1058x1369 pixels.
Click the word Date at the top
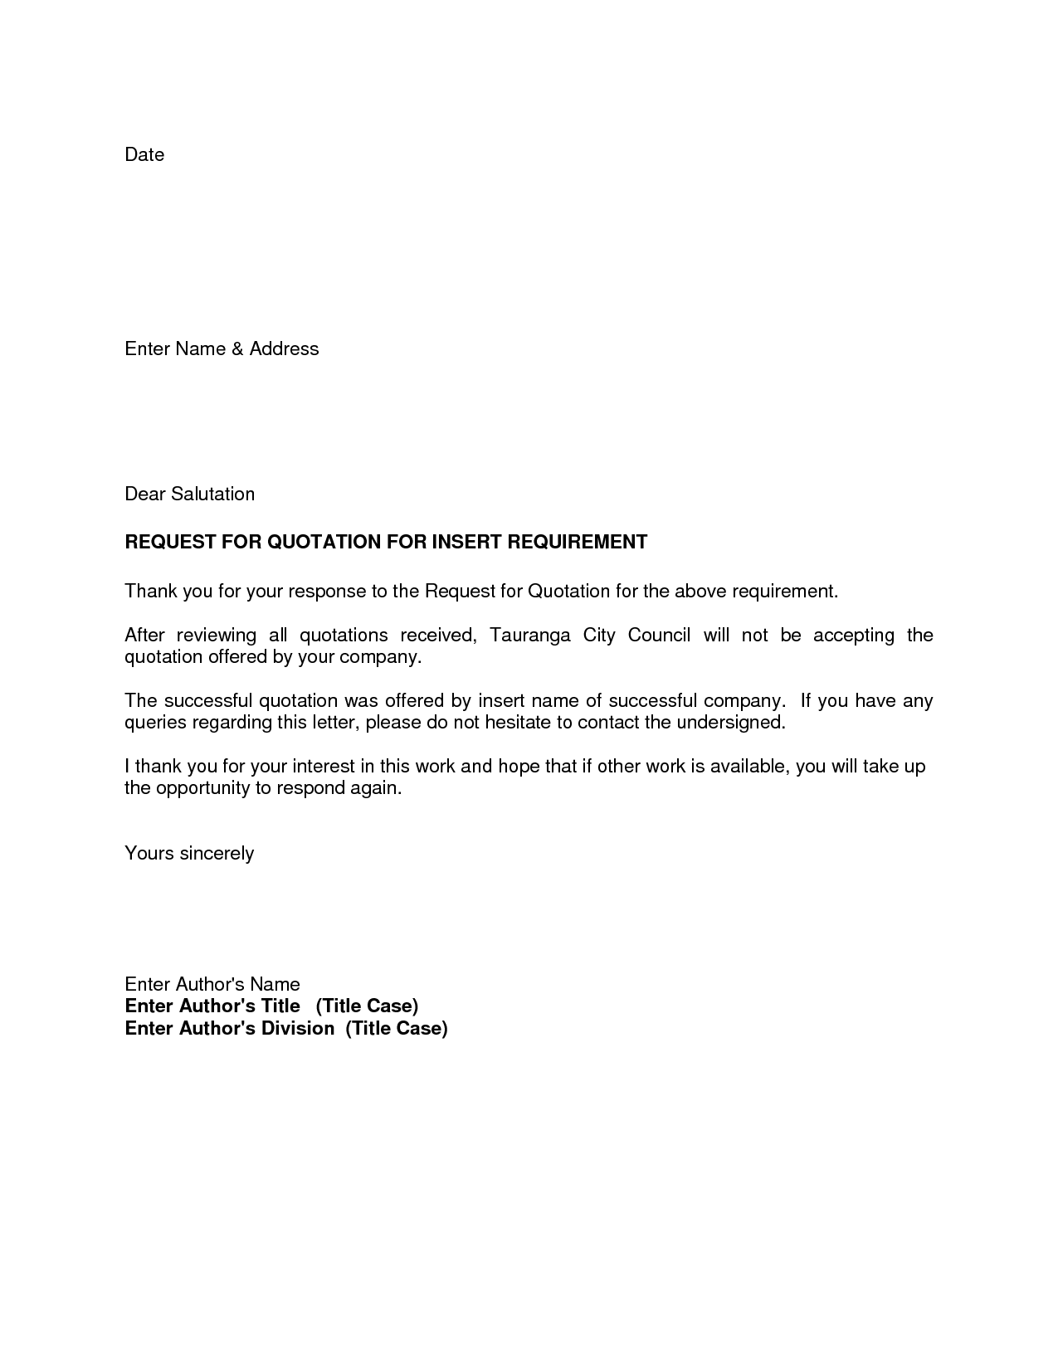coord(144,155)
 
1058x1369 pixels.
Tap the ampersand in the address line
coord(237,349)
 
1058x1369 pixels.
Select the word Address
coord(284,348)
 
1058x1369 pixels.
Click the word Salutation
coord(212,494)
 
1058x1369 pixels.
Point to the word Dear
coord(144,494)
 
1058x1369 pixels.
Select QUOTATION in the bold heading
coord(324,543)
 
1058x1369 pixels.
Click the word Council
coord(659,636)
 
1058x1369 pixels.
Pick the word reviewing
coord(217,636)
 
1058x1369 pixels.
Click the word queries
coord(155,723)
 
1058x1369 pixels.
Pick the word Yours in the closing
coord(149,854)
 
